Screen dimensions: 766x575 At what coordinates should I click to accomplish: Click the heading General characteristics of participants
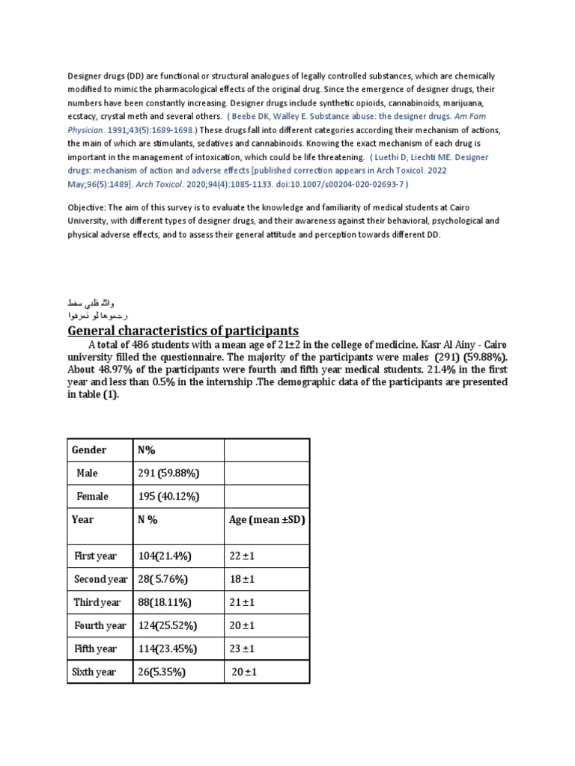click(x=183, y=331)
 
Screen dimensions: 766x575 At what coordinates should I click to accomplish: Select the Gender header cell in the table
click(x=89, y=450)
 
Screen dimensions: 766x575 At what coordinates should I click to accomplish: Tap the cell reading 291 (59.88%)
click(x=168, y=474)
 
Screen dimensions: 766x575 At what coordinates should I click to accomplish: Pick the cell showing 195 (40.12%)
click(x=169, y=497)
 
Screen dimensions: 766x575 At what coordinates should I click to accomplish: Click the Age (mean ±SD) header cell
click(x=267, y=520)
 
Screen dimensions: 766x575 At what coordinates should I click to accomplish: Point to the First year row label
click(x=95, y=556)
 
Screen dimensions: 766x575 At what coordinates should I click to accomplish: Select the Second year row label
click(x=101, y=579)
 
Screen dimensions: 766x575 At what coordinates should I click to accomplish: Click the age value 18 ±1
click(x=243, y=579)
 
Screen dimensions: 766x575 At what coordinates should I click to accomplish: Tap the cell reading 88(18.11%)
click(x=165, y=602)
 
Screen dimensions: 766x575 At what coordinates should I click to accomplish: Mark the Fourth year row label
click(x=100, y=625)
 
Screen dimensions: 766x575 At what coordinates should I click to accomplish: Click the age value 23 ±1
click(x=243, y=649)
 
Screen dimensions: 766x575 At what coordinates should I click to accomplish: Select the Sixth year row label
click(x=94, y=672)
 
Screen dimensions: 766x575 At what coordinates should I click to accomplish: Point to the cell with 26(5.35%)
click(x=162, y=672)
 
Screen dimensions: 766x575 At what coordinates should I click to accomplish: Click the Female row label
click(x=92, y=497)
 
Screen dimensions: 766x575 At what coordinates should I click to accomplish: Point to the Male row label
click(x=87, y=474)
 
